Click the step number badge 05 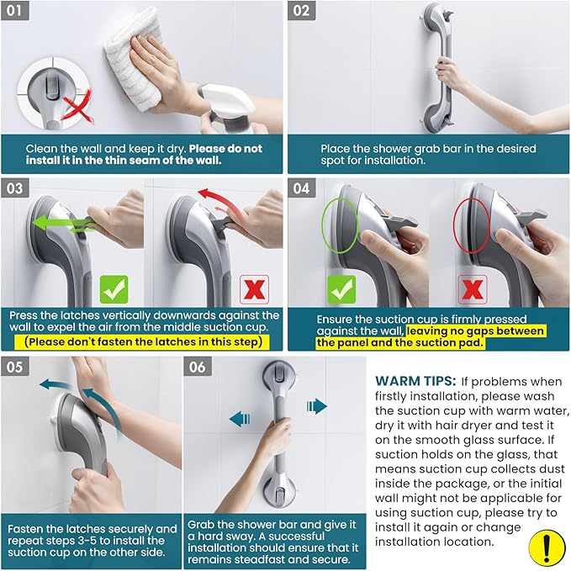click(16, 367)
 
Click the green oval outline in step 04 click(340, 225)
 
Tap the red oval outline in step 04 click(473, 227)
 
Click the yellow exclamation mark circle click(547, 547)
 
